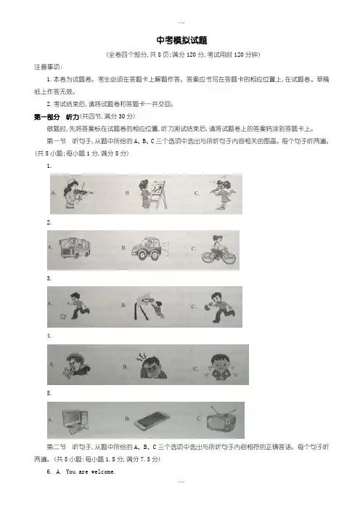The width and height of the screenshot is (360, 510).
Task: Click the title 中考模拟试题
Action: pos(181,41)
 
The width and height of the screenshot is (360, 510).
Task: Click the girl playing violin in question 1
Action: pos(78,193)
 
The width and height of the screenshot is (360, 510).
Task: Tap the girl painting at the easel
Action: pos(152,194)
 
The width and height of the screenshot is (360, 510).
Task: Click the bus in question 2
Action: pos(75,248)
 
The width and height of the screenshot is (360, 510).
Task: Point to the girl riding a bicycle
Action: pos(218,250)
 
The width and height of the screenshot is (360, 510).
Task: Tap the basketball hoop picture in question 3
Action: pos(149,307)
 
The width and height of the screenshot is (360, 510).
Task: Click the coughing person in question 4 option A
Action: pos(77,365)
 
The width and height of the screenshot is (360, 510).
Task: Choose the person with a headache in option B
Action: pos(153,365)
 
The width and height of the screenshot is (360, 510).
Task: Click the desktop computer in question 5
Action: pos(75,421)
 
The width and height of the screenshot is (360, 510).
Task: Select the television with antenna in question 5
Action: pos(221,420)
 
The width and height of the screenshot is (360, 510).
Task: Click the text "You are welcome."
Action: pos(90,471)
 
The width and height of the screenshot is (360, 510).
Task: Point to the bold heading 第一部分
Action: pos(47,117)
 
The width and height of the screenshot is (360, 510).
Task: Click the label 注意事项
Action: pos(48,67)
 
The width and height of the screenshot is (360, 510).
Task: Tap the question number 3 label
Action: pos(49,278)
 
